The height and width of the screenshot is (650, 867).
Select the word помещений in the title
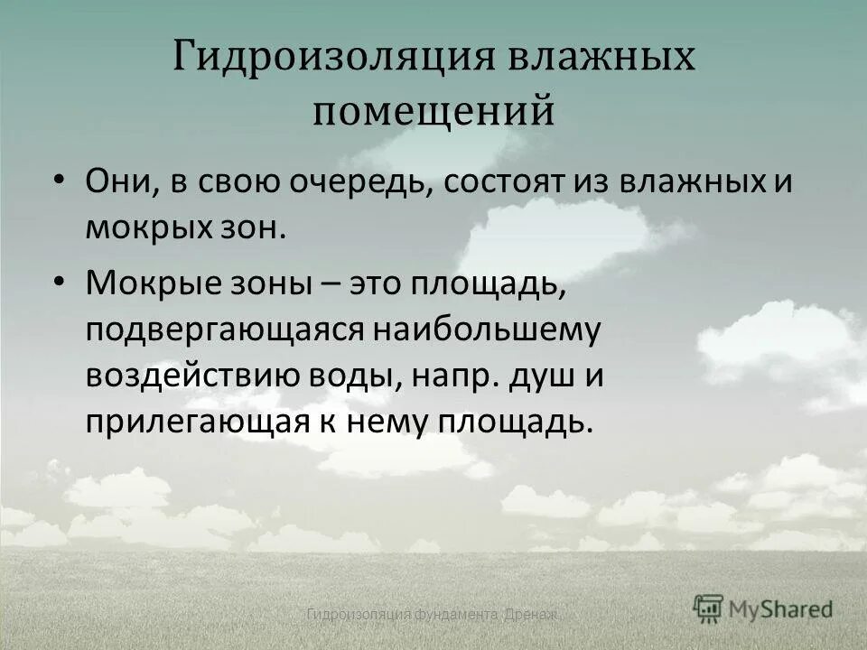[x=433, y=110]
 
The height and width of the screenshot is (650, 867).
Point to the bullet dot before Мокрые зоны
[x=59, y=282]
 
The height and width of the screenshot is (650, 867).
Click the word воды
[x=359, y=376]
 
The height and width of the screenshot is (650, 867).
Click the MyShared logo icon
[x=709, y=608]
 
